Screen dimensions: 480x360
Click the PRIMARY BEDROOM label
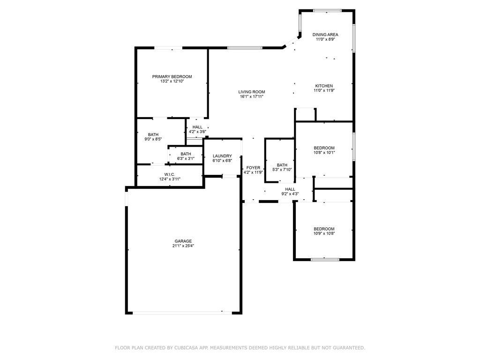[x=172, y=76]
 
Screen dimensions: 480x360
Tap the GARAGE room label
[x=183, y=241]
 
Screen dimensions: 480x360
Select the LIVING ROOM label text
[x=252, y=92]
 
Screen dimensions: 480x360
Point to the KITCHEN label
[x=324, y=86]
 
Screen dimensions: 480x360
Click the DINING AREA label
[x=325, y=35]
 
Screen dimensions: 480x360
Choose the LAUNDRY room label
[x=222, y=156]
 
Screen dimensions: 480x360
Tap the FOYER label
[x=253, y=167]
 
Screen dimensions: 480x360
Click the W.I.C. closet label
[x=170, y=174]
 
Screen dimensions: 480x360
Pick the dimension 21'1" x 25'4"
[x=183, y=246]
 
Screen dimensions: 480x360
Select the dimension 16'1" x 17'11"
[x=252, y=97]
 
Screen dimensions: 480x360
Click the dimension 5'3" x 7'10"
[x=282, y=170]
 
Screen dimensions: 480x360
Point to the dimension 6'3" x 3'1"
[x=186, y=158]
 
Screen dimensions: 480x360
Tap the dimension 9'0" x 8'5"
[x=153, y=139]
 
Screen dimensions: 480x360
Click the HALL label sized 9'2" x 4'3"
[x=290, y=189]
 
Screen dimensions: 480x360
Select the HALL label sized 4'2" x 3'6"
[x=197, y=127]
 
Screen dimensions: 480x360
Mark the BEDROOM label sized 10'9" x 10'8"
[x=324, y=229]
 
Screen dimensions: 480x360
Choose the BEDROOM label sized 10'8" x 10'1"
[x=324, y=148]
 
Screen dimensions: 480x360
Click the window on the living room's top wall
[x=245, y=48]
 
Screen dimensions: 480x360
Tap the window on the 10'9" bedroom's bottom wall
[x=325, y=260]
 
